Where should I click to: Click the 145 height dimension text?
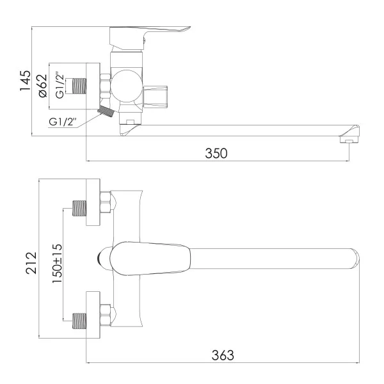click(x=25, y=81)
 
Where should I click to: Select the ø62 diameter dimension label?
click(x=42, y=86)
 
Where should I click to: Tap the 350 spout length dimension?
click(x=216, y=154)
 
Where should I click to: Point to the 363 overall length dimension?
click(x=223, y=355)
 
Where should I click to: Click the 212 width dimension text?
click(x=31, y=263)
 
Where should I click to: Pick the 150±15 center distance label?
click(x=57, y=263)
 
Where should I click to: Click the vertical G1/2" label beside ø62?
click(x=60, y=85)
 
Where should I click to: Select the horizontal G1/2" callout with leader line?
click(x=63, y=122)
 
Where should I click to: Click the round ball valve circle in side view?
click(x=126, y=86)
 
